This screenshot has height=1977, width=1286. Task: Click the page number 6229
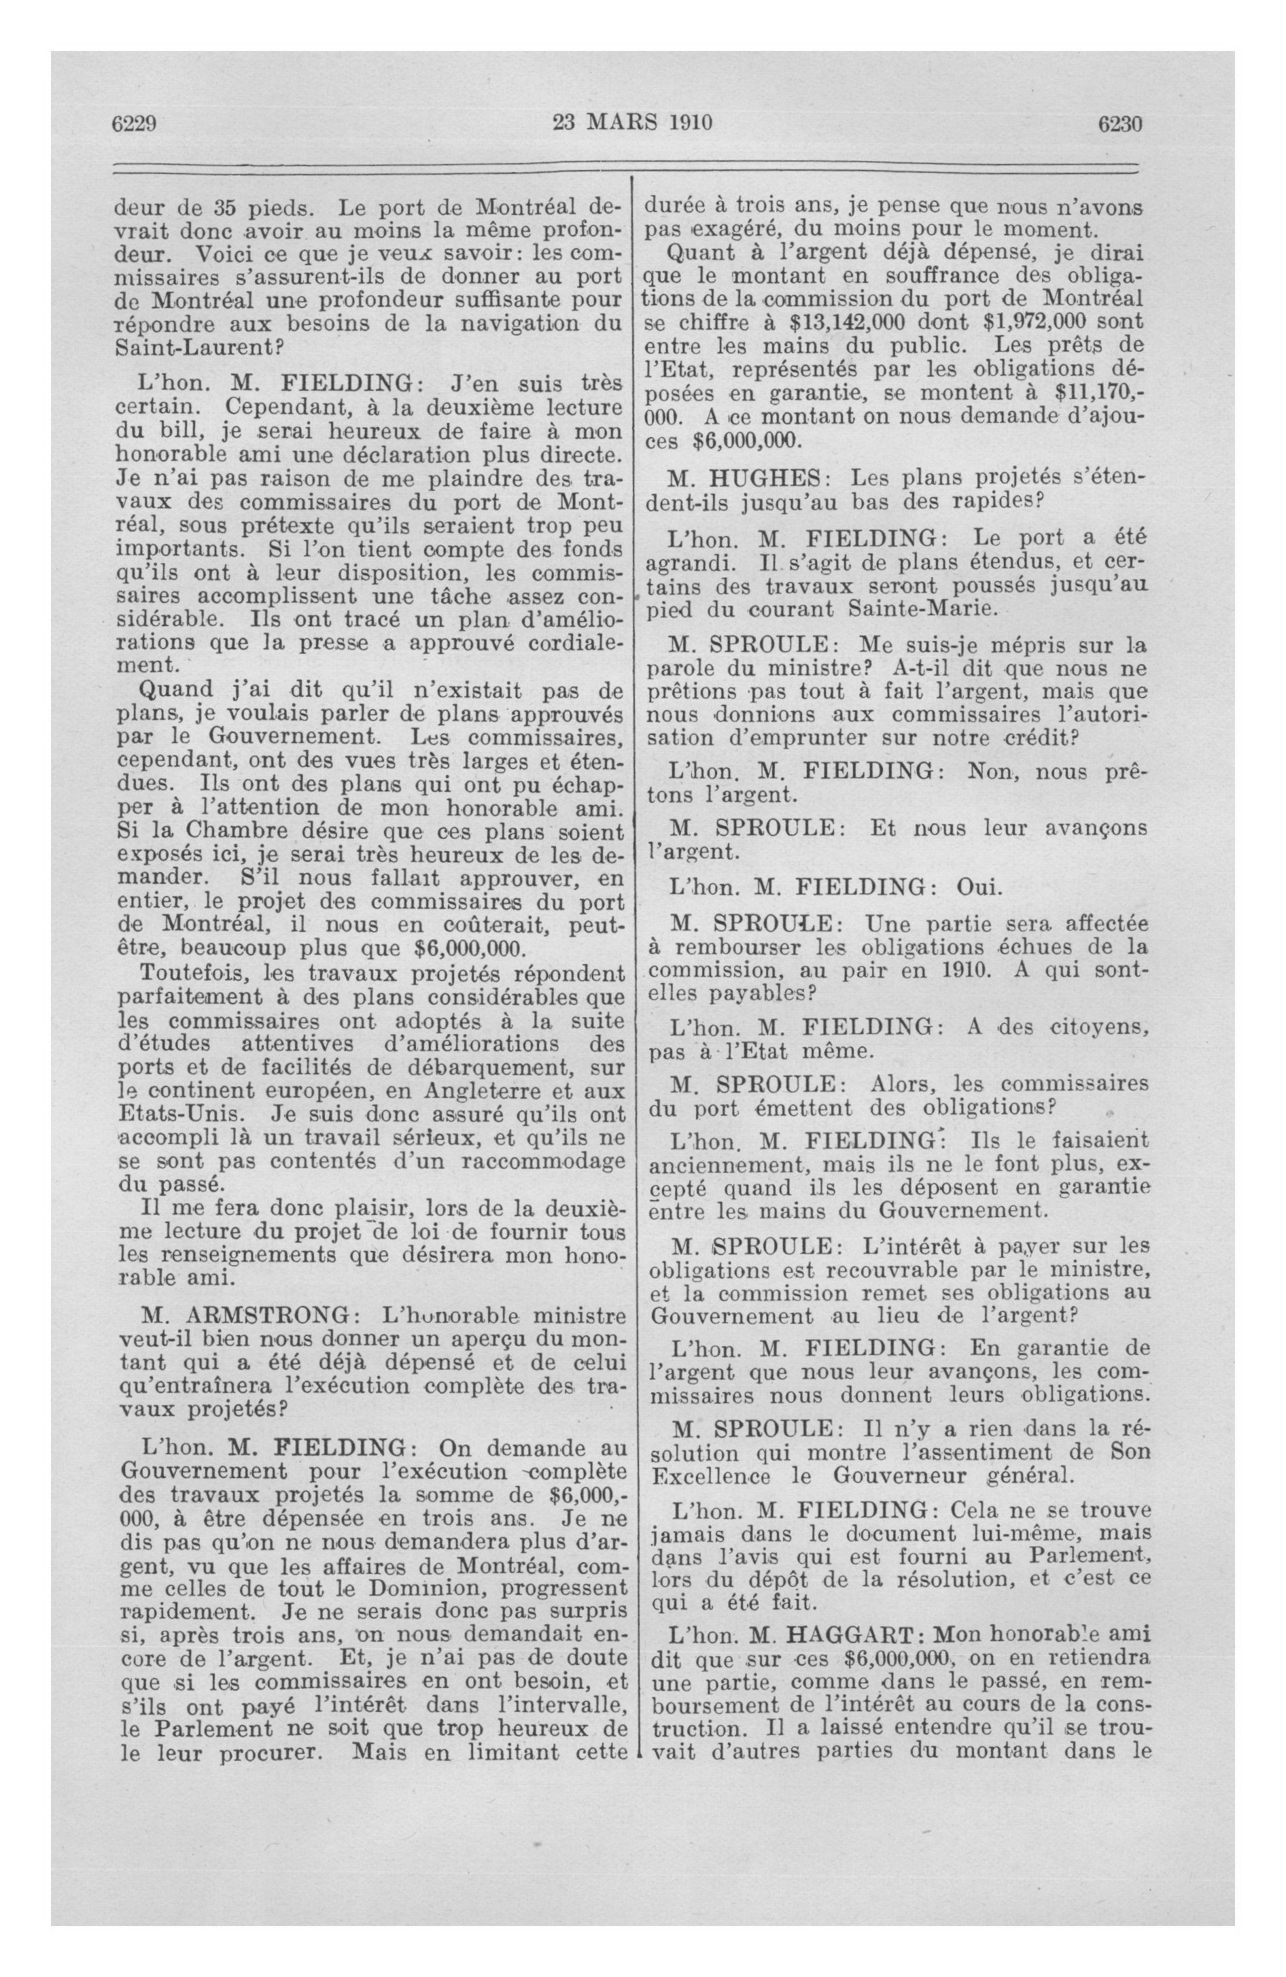[x=135, y=124]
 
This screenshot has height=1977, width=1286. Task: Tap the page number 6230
[x=1121, y=124]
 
